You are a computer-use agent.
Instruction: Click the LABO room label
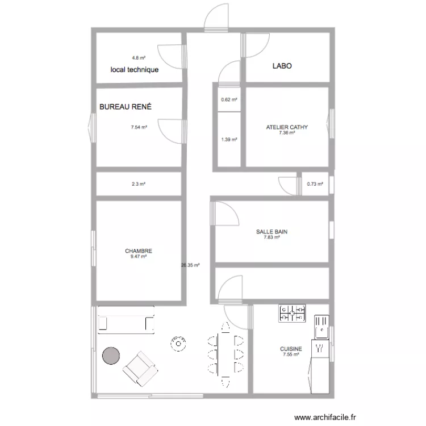click(x=282, y=66)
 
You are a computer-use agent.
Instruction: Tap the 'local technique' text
click(x=135, y=70)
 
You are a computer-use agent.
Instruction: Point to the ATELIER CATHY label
click(x=287, y=127)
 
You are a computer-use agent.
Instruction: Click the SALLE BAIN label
click(x=272, y=232)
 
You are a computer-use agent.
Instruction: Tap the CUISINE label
click(x=291, y=349)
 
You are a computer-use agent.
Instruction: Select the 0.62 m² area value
click(x=229, y=100)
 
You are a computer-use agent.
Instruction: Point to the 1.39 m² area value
click(x=229, y=139)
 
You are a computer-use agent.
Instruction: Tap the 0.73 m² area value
click(x=315, y=184)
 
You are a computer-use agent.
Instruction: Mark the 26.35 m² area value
click(x=189, y=265)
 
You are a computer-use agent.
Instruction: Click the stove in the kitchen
click(x=293, y=313)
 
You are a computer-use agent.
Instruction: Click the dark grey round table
click(x=111, y=356)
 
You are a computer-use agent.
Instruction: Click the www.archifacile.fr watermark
click(x=324, y=416)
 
